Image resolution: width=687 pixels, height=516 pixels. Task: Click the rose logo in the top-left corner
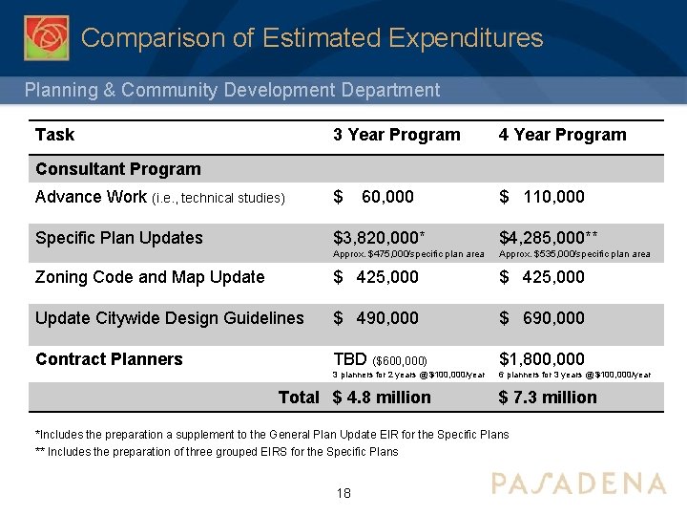46,37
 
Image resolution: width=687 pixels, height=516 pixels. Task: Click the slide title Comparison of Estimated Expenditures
312,38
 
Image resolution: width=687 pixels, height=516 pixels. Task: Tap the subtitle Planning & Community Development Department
232,90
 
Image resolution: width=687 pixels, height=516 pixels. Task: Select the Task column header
54,135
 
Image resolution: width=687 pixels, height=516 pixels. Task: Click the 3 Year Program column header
396,135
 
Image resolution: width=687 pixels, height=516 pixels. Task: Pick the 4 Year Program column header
562,135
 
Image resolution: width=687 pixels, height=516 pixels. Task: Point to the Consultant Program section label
117,169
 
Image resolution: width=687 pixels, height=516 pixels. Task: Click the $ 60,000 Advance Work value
373,197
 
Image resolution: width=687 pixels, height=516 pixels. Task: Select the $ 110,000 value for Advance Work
541,197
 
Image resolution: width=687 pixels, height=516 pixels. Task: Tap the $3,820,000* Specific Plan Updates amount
379,238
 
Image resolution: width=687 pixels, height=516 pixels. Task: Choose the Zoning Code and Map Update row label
150,277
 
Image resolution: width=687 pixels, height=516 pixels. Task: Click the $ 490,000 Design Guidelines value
375,318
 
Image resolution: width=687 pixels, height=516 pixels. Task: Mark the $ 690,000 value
541,318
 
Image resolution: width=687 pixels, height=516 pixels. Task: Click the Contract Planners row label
109,359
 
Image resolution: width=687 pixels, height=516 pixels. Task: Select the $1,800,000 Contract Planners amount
541,359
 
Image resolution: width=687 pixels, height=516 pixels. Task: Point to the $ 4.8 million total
382,398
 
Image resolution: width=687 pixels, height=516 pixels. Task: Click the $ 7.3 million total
548,398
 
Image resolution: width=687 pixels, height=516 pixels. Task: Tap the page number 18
343,493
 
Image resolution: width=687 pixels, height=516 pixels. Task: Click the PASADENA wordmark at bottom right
578,483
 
